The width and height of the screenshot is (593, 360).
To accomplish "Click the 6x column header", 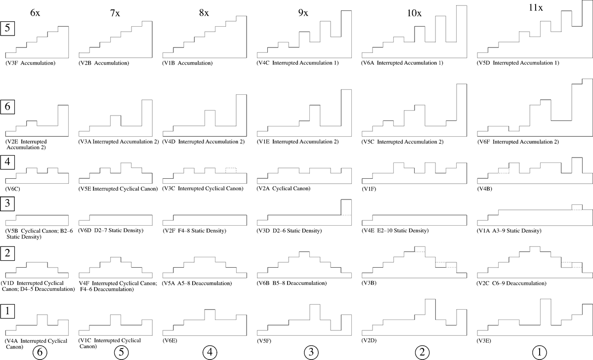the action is coord(35,12).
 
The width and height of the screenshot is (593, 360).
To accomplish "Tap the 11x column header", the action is coord(536,8).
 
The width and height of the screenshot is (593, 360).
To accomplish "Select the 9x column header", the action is coord(303,12).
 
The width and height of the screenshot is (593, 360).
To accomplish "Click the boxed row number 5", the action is coord(7,28).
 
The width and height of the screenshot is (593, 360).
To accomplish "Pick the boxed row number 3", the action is coord(7,203).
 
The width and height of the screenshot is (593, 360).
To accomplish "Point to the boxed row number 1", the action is coord(7,311).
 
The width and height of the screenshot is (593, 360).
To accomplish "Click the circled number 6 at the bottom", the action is coord(40,352).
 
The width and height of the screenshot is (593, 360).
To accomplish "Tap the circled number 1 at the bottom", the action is coord(540,352).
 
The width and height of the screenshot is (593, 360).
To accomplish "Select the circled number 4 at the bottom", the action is coord(210,352).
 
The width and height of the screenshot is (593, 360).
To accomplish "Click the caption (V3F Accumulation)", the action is coord(31,63).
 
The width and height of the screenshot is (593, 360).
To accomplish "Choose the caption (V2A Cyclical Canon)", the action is coord(284,189).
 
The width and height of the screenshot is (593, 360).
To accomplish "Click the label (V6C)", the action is coord(13,189).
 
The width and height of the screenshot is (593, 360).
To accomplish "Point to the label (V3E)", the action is coord(484,341).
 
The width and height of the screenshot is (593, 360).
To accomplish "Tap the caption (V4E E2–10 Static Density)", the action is coord(395,231).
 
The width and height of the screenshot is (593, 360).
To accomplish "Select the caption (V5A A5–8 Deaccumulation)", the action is coord(197,283).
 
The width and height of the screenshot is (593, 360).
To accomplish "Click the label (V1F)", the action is coord(369,189).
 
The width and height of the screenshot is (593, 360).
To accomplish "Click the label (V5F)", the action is coord(264,341).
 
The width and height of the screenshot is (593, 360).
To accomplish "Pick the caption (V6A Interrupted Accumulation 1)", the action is coord(402,63).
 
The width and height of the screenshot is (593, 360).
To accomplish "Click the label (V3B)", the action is coord(369,283).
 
